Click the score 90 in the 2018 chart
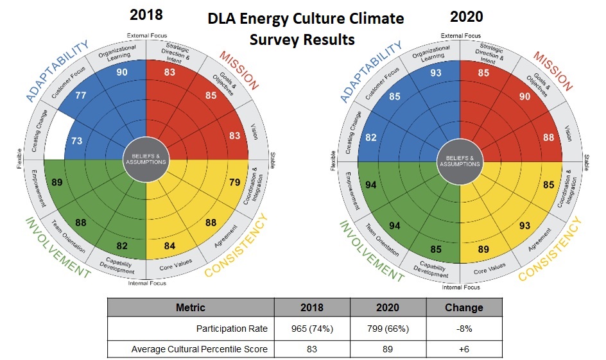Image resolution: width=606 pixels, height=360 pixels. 122,73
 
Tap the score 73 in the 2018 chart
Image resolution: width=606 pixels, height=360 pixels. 59,141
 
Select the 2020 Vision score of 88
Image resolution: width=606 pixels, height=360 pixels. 548,137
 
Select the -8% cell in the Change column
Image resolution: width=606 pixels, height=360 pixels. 463,329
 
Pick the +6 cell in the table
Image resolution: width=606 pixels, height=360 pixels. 463,348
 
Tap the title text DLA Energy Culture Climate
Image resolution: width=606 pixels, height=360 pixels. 306,19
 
